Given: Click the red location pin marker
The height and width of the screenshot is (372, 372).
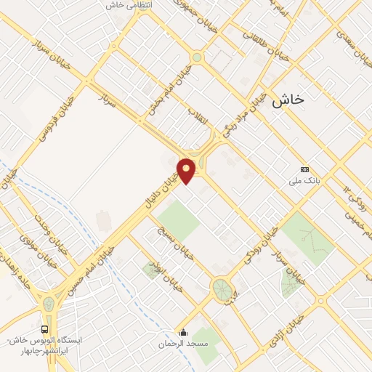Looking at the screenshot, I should coord(187,170).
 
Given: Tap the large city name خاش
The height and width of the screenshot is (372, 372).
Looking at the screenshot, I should coord(287,102).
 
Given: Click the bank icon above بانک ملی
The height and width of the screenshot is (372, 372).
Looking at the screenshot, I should coord(304,170).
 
